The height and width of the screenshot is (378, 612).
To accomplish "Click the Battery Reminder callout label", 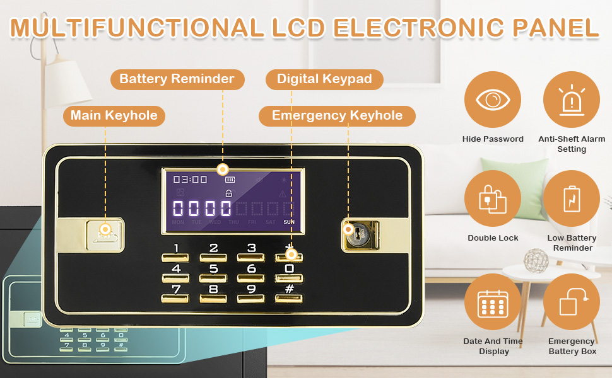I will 177,79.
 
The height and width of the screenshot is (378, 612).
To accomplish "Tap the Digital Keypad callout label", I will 324,79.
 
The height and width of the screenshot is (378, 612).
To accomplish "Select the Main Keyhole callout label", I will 114,115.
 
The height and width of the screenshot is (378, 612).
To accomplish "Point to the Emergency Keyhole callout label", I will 337,115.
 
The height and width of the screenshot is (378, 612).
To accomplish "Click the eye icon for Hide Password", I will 492,100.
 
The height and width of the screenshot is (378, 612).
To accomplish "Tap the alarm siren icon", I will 571,100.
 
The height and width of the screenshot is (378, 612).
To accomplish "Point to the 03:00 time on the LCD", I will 190,180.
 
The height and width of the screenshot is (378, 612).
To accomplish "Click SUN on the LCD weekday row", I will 289,222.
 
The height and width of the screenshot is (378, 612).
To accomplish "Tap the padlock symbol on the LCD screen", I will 228,193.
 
